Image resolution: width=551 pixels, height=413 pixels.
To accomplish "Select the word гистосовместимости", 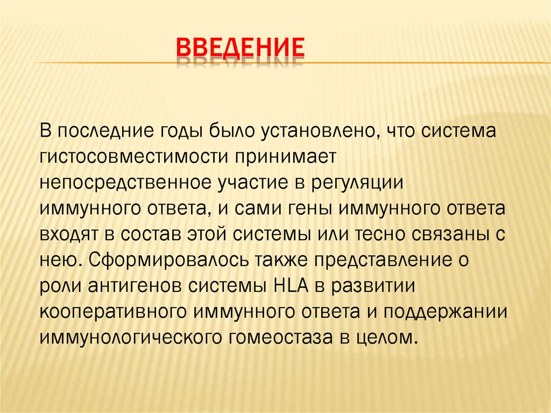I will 134,157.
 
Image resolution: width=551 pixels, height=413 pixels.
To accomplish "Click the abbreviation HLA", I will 290,286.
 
